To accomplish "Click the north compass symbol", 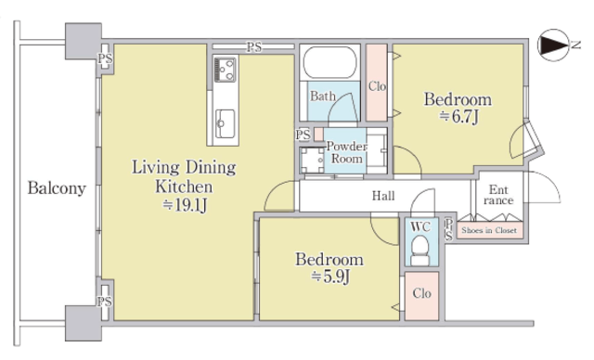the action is (553, 45).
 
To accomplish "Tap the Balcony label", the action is (57, 188).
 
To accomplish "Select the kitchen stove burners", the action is (225, 70).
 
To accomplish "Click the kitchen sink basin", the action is (225, 123).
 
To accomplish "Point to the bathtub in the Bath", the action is (330, 62).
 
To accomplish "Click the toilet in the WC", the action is (420, 249).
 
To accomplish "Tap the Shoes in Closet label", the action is (489, 230).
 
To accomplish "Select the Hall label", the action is (383, 196).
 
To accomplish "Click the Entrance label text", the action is (498, 195).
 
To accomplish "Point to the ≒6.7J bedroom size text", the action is (458, 116).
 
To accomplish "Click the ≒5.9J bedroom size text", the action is (330, 276).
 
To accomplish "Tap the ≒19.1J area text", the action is (185, 205).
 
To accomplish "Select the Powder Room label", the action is (346, 152).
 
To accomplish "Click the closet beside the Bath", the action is (377, 83).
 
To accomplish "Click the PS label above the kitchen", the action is (254, 47).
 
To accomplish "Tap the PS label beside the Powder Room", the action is (303, 135).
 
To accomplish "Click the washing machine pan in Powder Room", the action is (312, 161).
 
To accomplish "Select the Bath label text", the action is (323, 96).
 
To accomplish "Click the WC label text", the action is (420, 226).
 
